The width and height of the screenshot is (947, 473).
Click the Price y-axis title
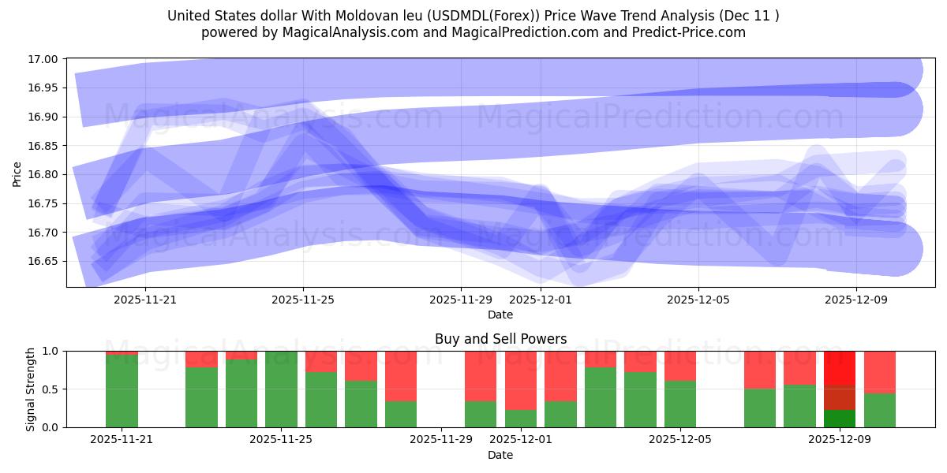17,173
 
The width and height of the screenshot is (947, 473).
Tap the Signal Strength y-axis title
30,389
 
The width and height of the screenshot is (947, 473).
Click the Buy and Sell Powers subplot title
500,339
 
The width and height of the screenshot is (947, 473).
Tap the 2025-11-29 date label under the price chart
461,300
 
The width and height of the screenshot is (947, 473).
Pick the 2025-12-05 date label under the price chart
698,300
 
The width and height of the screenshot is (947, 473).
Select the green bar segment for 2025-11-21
122,391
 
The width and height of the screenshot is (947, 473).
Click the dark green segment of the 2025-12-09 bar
840,419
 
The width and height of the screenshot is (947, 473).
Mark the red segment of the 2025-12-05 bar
679,366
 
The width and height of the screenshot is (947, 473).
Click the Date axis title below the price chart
500,315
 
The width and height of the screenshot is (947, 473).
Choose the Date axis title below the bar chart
500,455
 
